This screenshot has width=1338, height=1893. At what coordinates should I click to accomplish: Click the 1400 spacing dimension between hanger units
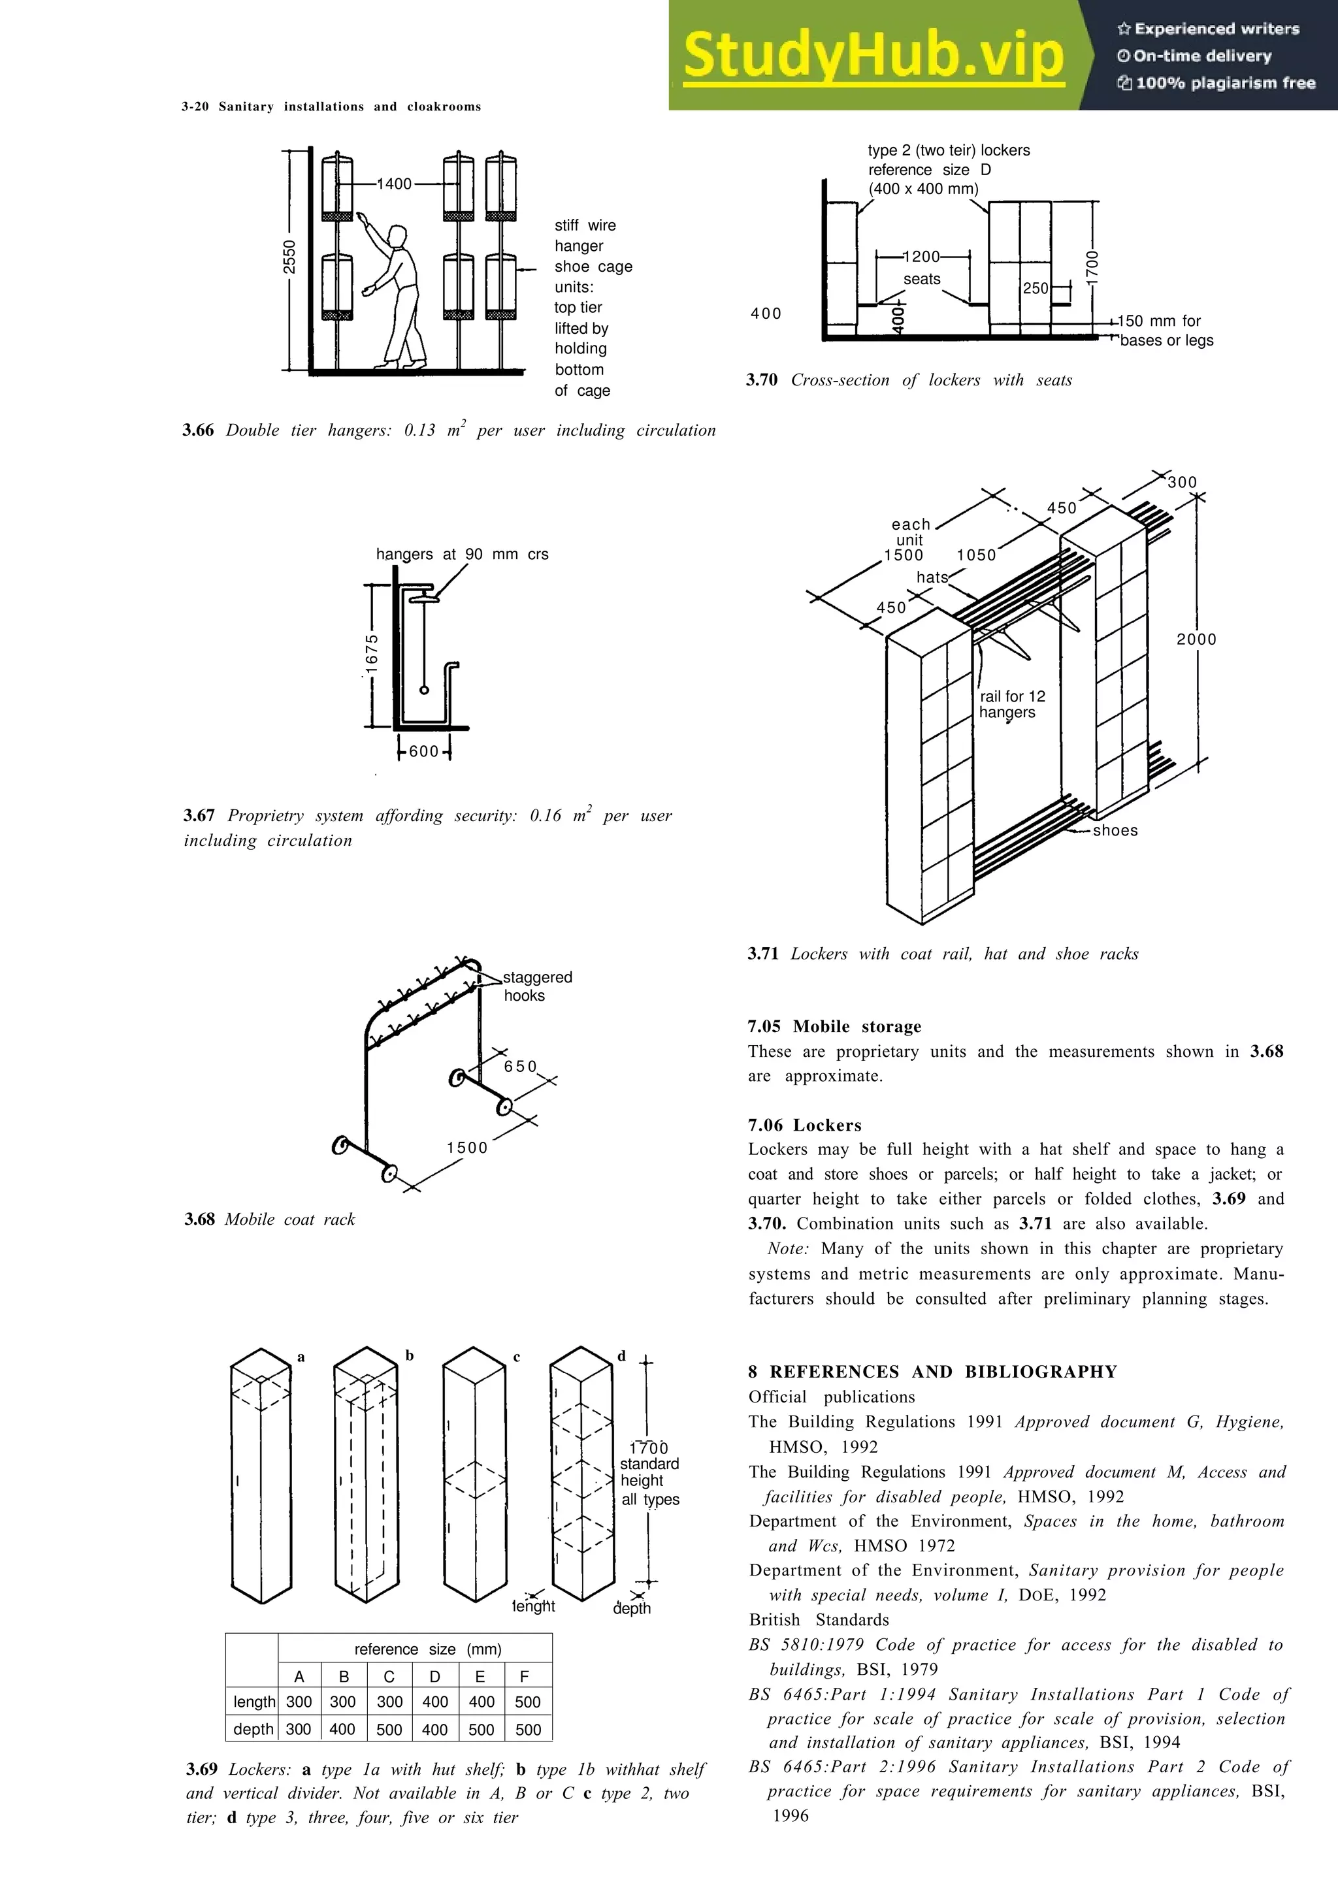[394, 184]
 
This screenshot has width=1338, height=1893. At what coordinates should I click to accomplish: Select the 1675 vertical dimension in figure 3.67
[372, 653]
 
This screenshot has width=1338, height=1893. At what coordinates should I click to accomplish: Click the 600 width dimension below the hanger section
[424, 751]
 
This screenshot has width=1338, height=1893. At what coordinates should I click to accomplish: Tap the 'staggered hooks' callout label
[536, 986]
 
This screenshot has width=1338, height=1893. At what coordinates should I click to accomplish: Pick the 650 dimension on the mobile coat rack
[520, 1066]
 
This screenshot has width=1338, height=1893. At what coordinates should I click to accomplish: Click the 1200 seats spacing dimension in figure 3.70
[922, 257]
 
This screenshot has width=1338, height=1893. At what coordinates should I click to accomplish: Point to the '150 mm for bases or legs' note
[1166, 331]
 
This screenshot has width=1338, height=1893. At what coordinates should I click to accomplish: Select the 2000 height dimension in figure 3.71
[1196, 639]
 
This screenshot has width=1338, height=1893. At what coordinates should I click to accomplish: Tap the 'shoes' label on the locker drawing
[1115, 830]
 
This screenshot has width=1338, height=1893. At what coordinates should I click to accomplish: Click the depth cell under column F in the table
[528, 1729]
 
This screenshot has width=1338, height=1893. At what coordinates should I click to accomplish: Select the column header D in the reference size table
[434, 1676]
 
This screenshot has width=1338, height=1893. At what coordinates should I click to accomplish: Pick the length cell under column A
[299, 1702]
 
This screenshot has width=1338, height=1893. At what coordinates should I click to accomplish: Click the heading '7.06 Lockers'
[805, 1125]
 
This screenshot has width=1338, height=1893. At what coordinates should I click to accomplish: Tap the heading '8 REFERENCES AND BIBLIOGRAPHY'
[932, 1372]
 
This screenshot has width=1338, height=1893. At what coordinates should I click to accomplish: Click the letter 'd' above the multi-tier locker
[621, 1355]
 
